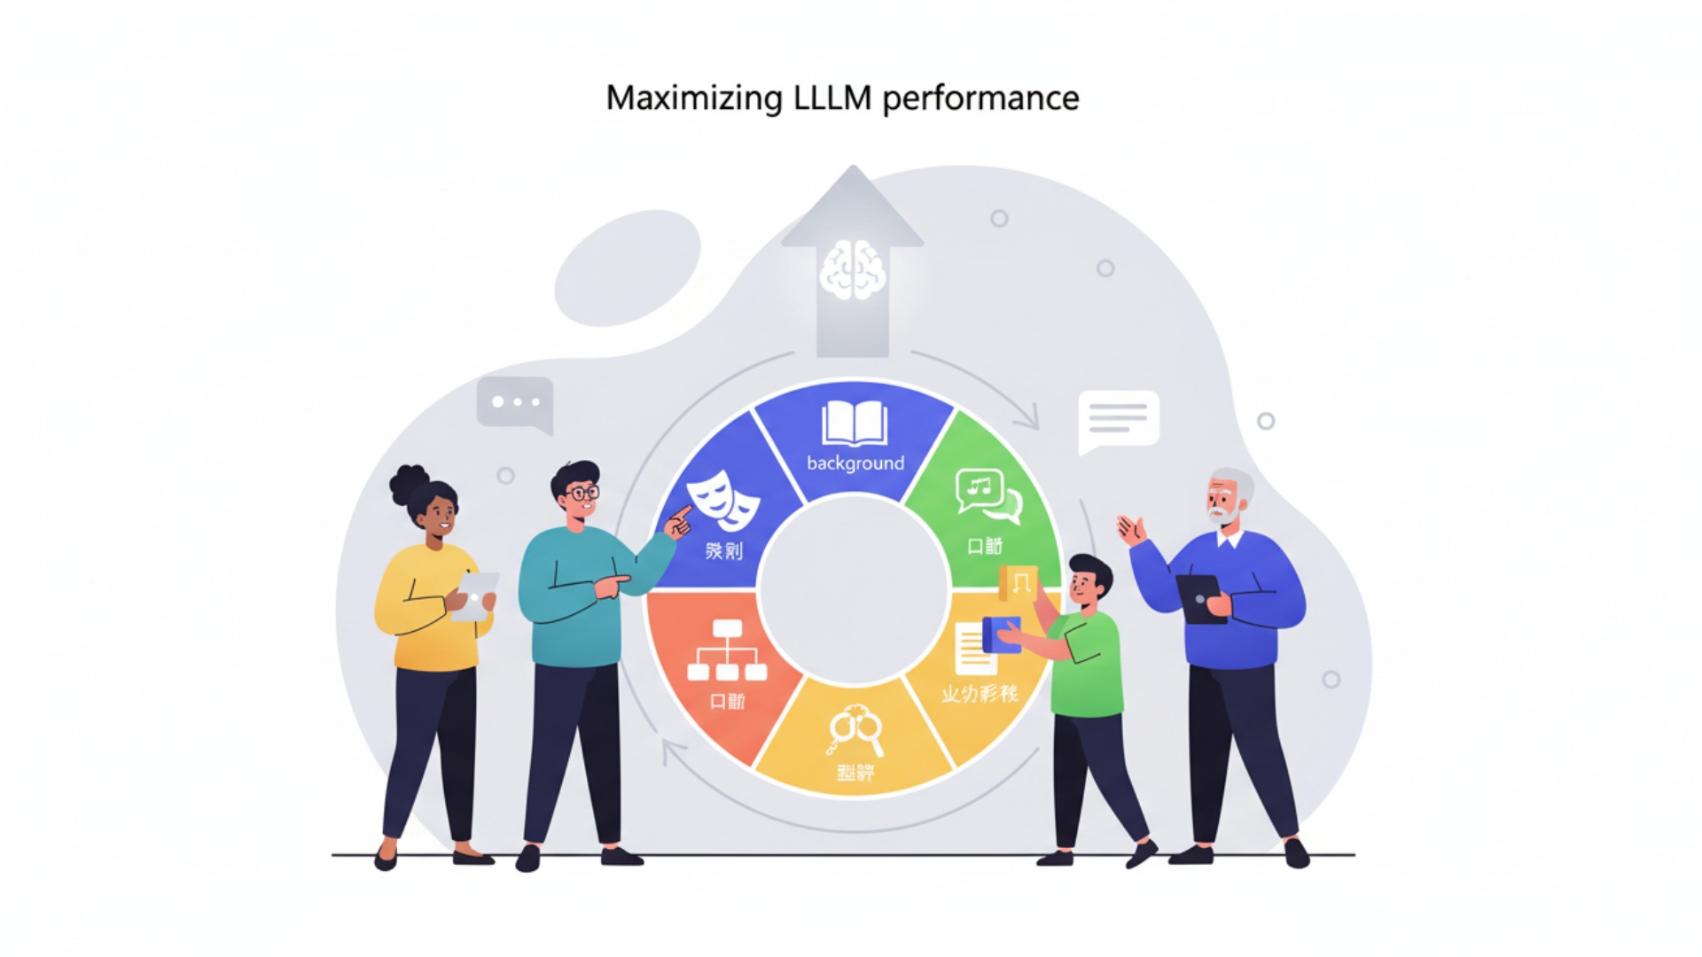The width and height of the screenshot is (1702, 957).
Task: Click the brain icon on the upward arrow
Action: pos(852,269)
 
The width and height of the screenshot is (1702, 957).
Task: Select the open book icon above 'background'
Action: pos(855,423)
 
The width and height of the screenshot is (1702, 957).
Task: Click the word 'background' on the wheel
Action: pos(855,463)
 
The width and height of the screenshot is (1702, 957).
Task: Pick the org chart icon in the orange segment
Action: pos(727,650)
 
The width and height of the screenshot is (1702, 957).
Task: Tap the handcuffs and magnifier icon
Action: pos(855,729)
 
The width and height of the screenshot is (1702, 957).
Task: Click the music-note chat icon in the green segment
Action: pos(987,495)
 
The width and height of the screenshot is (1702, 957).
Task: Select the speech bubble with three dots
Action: pos(516,403)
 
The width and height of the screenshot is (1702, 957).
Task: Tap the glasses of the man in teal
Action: pos(582,493)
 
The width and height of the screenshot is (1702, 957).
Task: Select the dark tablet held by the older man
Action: pos(1200,599)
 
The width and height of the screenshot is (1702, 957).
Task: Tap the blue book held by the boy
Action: pos(1002,634)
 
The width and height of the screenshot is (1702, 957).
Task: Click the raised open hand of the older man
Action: pos(1130,531)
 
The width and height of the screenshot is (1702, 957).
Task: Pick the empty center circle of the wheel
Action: pos(854,590)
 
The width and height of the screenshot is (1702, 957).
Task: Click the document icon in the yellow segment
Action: pos(973,650)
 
